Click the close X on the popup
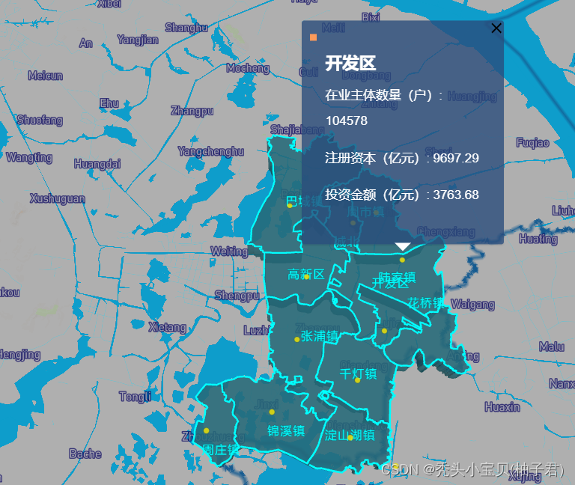[x=496, y=28]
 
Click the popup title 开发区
[x=350, y=64]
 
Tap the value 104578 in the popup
[x=346, y=121]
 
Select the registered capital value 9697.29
[x=456, y=158]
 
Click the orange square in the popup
[x=313, y=37]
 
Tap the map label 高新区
[x=306, y=275]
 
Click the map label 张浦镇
[x=320, y=336]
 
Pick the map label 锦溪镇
[x=286, y=430]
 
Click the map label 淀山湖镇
[x=350, y=435]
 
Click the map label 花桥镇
[x=426, y=303]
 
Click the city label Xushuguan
[x=58, y=198]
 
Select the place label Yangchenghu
[x=210, y=151]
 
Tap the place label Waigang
[x=472, y=305]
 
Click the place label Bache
[x=85, y=454]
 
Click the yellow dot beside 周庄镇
[x=206, y=430]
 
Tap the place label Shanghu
[x=186, y=28]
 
